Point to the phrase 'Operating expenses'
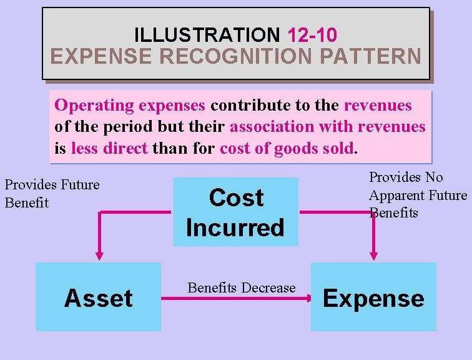click(x=130, y=105)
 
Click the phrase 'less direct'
click(x=109, y=149)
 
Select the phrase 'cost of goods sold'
click(x=287, y=149)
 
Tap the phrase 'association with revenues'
click(x=328, y=127)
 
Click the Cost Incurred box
click(x=235, y=212)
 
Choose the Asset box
click(x=98, y=297)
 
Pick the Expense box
click(x=373, y=297)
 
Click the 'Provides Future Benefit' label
click(x=52, y=193)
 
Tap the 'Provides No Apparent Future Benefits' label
click(x=417, y=195)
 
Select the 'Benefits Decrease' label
click(x=241, y=287)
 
